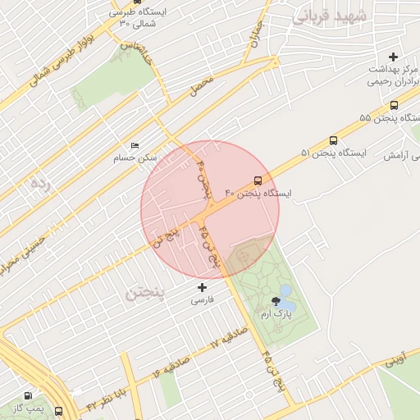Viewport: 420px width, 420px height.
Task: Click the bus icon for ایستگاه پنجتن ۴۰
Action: (x=258, y=180)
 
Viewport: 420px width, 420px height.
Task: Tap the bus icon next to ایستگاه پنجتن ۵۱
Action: (x=333, y=140)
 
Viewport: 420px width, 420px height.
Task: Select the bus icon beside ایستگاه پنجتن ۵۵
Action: (x=395, y=105)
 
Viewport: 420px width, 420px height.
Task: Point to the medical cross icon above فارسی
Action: (x=203, y=287)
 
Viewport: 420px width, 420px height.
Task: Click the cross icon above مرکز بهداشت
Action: (x=394, y=57)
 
